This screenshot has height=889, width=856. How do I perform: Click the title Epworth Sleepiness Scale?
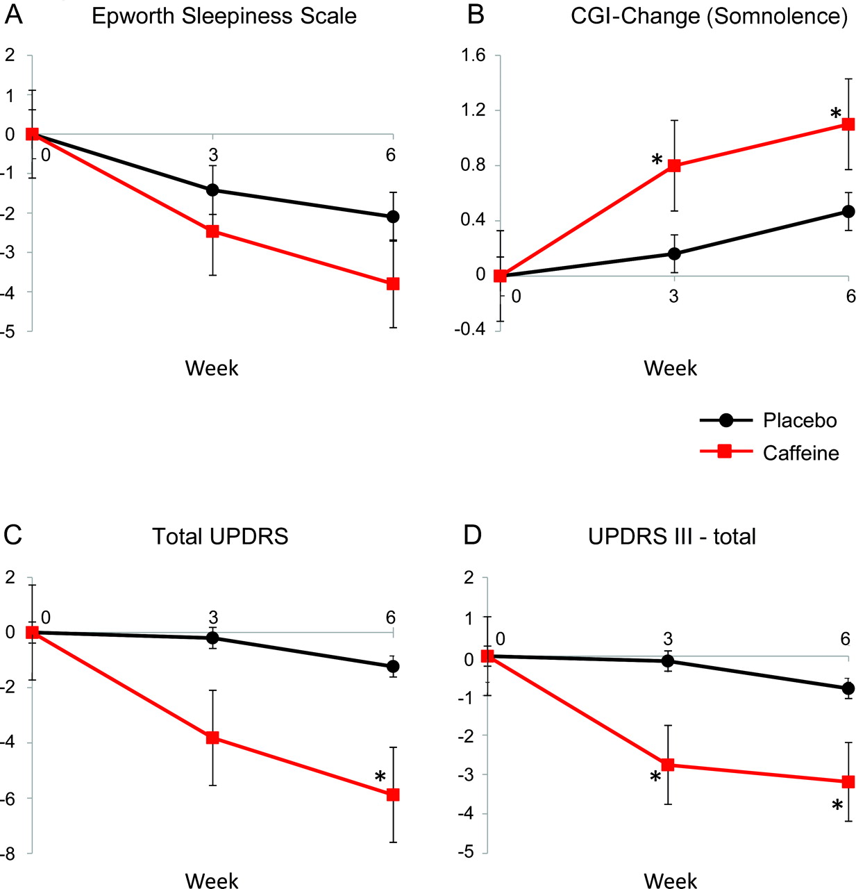tap(224, 16)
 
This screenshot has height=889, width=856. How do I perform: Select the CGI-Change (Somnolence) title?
tap(709, 16)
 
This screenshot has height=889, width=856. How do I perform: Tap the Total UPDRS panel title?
tap(220, 536)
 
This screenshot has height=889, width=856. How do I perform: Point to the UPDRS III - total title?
tap(671, 536)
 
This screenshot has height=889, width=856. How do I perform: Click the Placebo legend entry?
tap(799, 420)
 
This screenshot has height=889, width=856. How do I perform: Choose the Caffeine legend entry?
tap(800, 453)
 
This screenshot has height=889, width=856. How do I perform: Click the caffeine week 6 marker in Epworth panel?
tap(393, 283)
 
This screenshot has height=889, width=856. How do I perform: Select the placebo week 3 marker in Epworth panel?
tap(212, 190)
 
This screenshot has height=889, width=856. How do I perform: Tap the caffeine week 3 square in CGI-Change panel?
tap(674, 166)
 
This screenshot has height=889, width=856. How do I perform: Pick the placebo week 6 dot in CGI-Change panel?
tap(848, 211)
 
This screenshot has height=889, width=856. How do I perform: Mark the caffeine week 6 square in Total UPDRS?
tap(393, 795)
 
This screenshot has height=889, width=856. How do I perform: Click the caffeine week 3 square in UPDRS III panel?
tap(668, 765)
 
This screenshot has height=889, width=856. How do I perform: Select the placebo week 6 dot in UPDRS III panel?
tap(848, 688)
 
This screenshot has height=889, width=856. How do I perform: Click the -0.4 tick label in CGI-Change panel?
tap(469, 329)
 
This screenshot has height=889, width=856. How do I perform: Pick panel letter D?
tap(472, 535)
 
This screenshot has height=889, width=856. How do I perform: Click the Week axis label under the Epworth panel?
tap(212, 368)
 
